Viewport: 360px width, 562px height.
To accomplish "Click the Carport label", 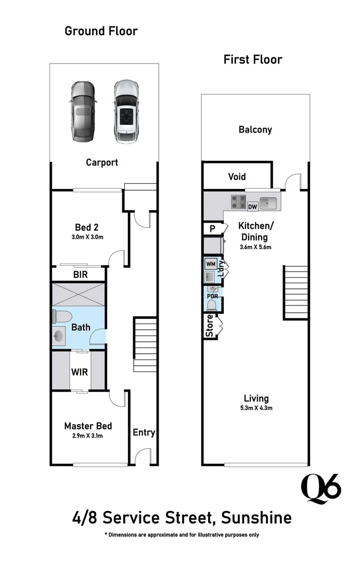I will (x=102, y=162).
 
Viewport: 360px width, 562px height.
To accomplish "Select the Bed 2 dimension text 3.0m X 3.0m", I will (x=87, y=237).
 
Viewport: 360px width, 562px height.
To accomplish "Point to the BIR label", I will (x=80, y=274).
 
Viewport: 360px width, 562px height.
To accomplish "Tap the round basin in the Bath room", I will (x=59, y=336).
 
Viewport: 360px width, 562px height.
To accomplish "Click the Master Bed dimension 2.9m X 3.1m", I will (x=88, y=436).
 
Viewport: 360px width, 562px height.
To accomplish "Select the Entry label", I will (x=144, y=432).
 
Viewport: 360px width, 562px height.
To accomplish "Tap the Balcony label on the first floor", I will (x=255, y=130).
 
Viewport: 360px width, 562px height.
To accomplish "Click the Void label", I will (x=237, y=177).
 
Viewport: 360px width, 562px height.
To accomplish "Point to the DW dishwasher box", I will (x=253, y=207).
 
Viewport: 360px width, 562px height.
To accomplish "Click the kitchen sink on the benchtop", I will (x=269, y=202).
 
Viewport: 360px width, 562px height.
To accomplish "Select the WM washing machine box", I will (x=211, y=264).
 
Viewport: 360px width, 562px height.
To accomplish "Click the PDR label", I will (x=212, y=296).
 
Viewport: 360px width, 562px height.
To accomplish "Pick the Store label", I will (x=210, y=326).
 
